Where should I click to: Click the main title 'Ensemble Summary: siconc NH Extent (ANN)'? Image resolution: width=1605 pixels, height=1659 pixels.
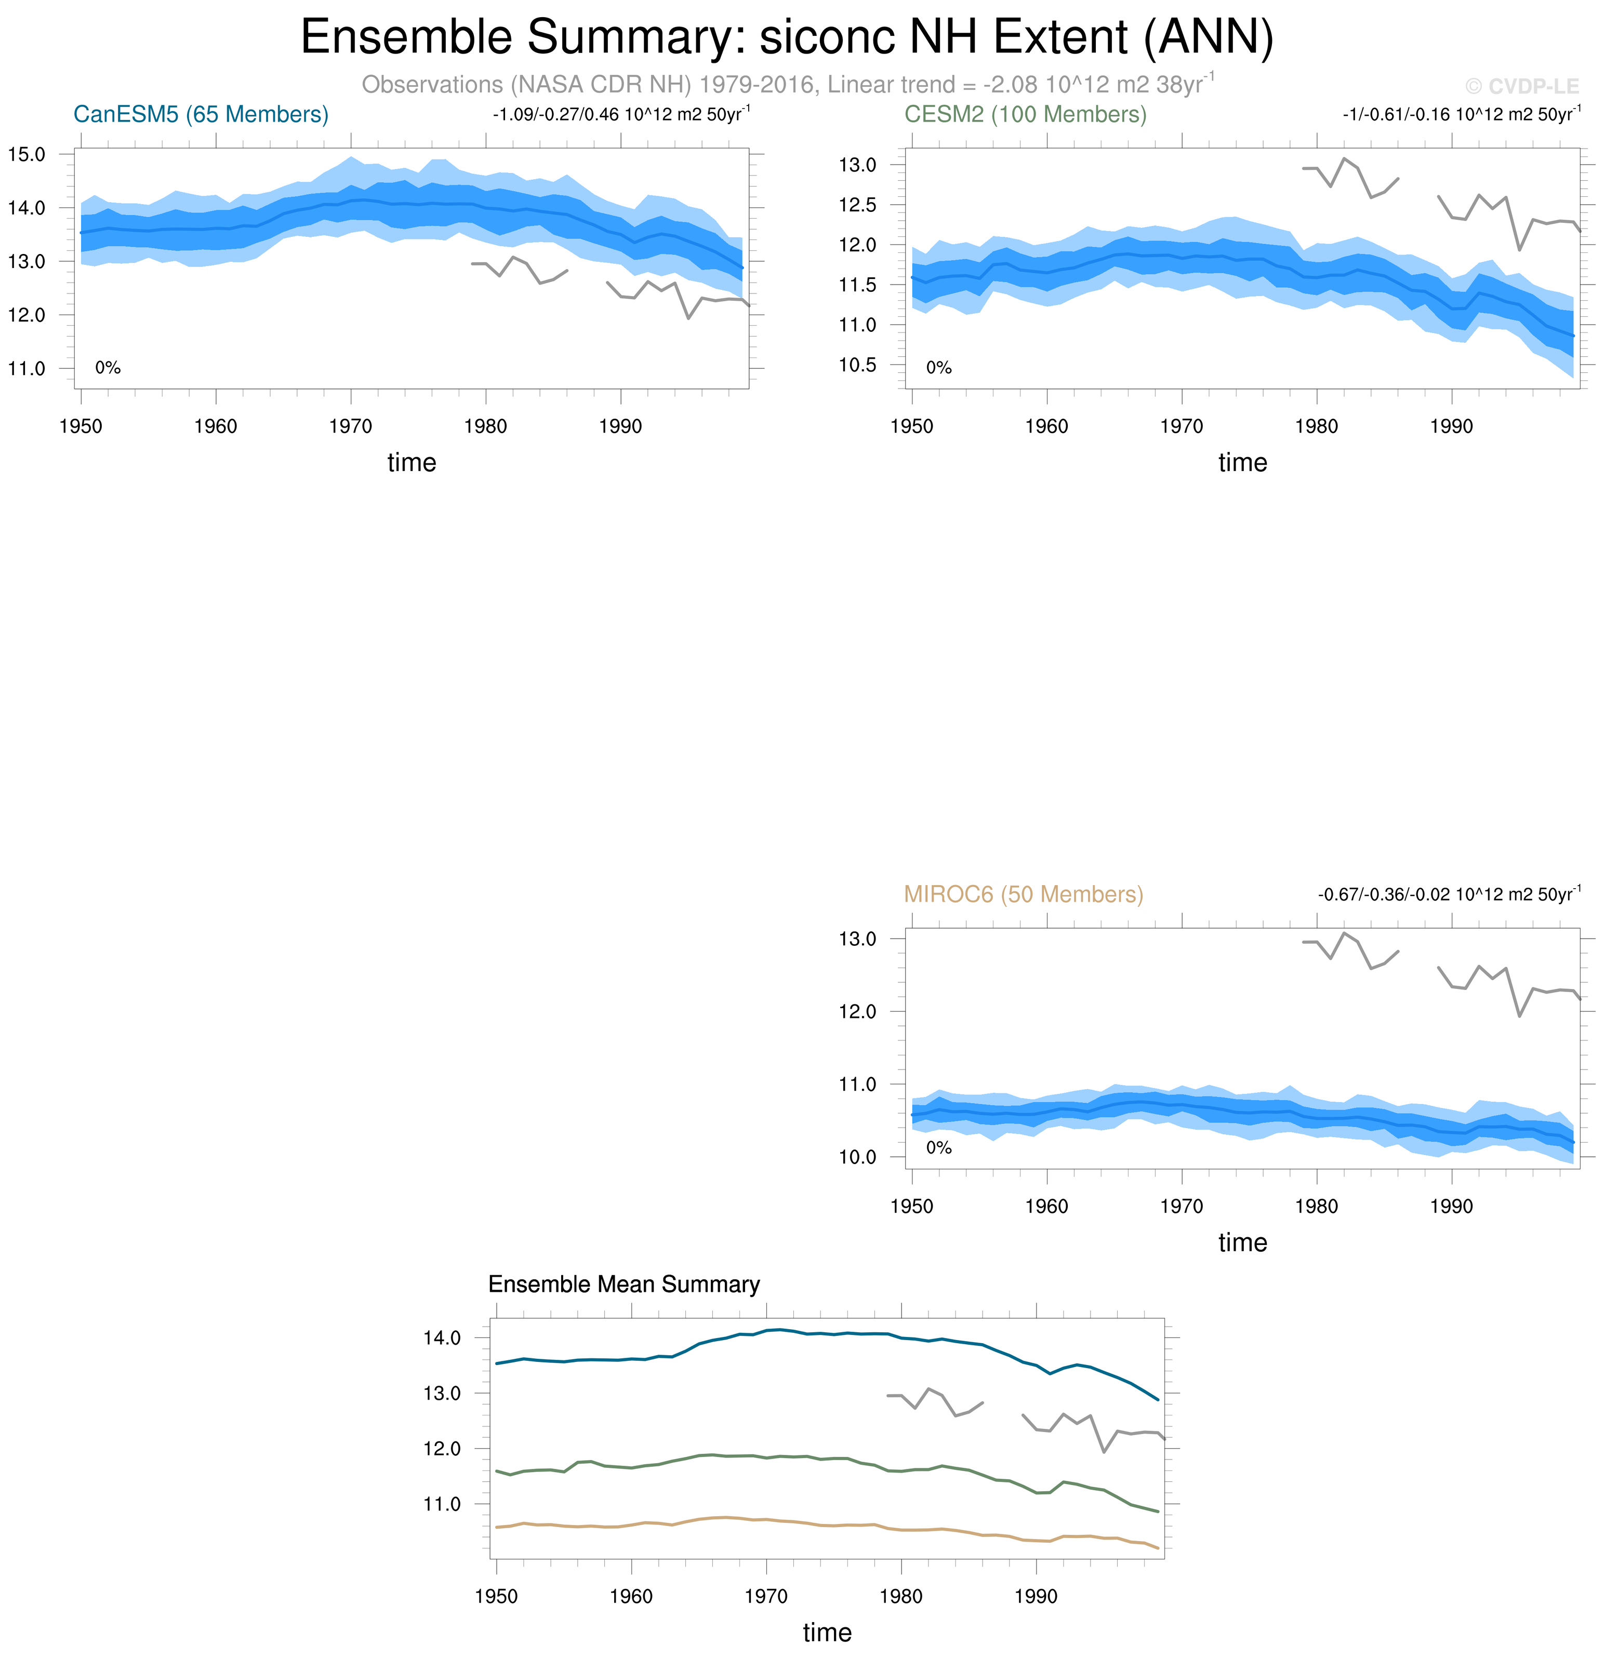787,37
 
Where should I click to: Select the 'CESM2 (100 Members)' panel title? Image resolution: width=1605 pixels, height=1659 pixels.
1025,114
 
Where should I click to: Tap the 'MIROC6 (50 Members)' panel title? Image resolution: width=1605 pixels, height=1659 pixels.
1024,894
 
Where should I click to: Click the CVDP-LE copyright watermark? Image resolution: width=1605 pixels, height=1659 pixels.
1521,86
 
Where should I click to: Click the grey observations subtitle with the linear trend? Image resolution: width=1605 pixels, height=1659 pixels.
787,85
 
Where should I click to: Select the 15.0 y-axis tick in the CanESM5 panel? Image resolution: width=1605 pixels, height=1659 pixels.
26,154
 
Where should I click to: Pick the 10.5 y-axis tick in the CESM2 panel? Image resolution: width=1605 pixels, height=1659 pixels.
857,365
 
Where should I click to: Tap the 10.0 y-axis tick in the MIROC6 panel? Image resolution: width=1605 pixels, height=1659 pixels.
857,1157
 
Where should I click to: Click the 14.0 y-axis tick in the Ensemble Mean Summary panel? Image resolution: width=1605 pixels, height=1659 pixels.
442,1338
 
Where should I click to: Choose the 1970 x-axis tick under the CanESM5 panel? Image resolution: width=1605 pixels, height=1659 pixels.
350,426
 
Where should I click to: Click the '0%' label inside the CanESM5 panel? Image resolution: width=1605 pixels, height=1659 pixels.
108,368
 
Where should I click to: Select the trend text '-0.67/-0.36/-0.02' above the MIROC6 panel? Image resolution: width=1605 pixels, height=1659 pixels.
1383,894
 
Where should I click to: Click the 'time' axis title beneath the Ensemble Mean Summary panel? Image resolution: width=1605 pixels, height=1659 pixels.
827,1633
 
